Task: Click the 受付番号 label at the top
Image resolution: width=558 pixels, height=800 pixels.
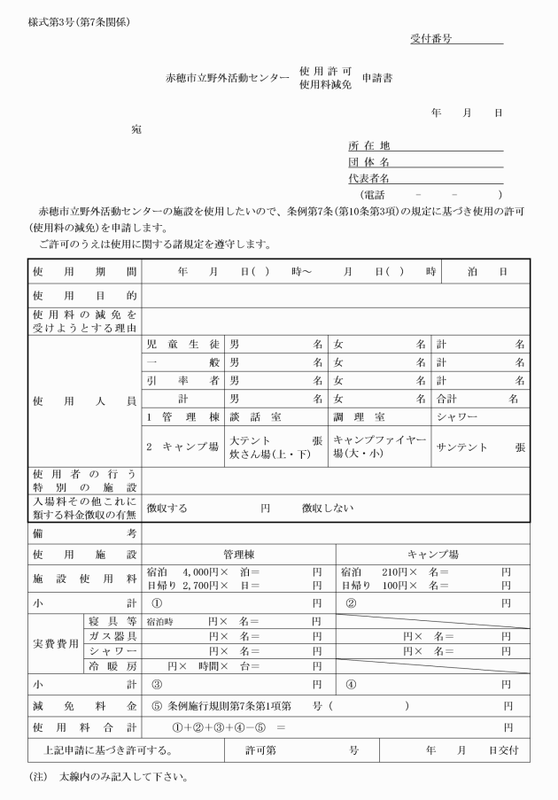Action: (431, 39)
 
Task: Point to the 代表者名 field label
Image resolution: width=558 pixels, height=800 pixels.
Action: (369, 178)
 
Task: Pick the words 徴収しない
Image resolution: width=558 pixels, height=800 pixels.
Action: (328, 509)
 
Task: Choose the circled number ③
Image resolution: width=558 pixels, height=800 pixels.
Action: (158, 685)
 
